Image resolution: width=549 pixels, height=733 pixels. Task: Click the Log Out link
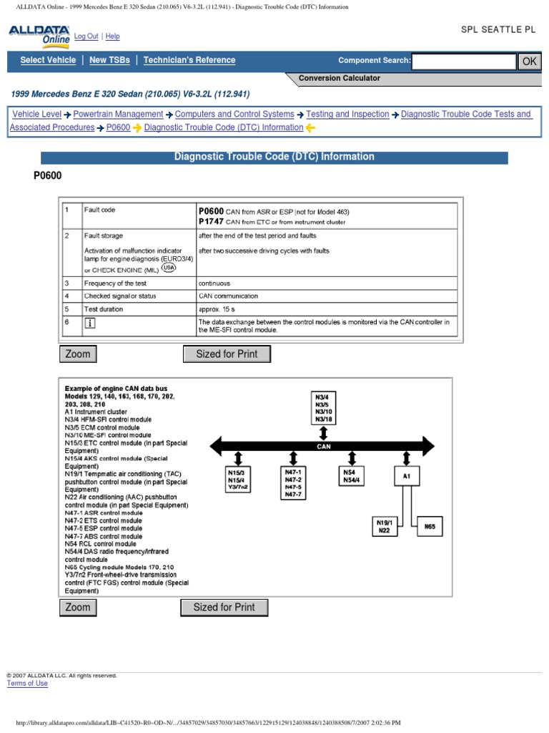(x=86, y=37)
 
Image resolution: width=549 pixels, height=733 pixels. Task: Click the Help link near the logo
(x=113, y=37)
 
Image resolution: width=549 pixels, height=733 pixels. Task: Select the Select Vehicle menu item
(x=48, y=61)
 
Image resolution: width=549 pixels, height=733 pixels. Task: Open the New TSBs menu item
(x=109, y=61)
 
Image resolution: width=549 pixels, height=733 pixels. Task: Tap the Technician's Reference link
(x=189, y=61)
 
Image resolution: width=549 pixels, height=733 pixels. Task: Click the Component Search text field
(x=463, y=62)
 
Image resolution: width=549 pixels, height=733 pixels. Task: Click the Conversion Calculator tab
(x=340, y=78)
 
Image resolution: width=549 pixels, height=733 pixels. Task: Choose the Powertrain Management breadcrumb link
(x=118, y=114)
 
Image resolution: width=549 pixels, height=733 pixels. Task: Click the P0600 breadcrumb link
(x=118, y=127)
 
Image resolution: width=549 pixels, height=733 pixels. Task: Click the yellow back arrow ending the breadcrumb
(x=310, y=128)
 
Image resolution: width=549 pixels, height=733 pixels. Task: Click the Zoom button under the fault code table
(x=78, y=354)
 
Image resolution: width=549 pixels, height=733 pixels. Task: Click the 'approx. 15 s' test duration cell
(x=219, y=309)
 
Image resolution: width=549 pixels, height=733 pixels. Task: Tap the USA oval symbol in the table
(x=169, y=267)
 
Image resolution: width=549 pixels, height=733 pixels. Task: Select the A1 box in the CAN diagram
(x=407, y=476)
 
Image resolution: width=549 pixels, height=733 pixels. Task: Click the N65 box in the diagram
(x=429, y=526)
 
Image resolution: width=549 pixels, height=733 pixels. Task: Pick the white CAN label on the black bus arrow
(x=324, y=446)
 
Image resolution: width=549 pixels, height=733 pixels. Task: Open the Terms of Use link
(x=27, y=684)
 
